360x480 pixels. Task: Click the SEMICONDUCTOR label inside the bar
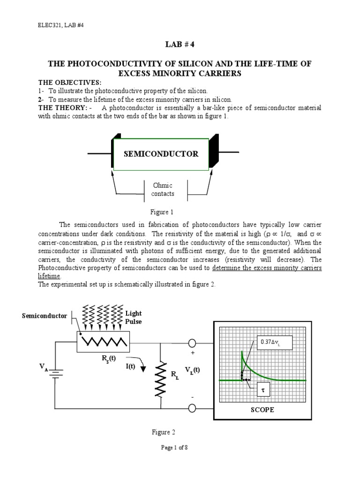pos(161,154)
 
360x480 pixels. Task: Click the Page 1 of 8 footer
pos(174,448)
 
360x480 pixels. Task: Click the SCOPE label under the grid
pos(262,409)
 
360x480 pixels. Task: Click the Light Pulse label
pos(133,317)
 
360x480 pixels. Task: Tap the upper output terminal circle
pos(192,343)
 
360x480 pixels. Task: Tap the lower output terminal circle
pos(192,408)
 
